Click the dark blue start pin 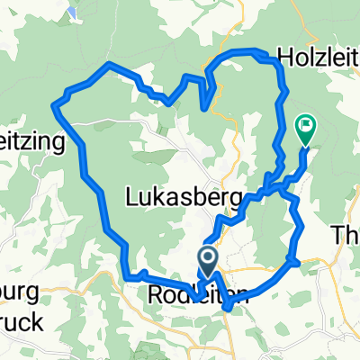coord(207,262)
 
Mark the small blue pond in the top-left coord(69,12)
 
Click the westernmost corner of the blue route coord(56,107)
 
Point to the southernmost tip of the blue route coord(227,309)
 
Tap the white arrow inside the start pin coord(207,261)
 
